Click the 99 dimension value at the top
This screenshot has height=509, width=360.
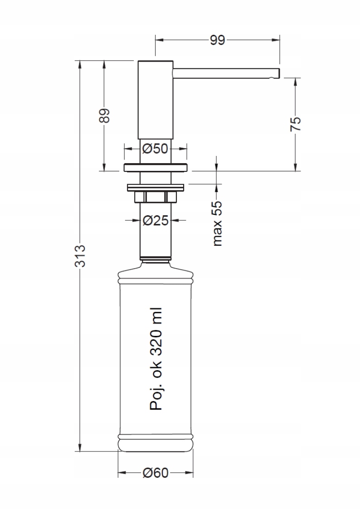coord(217,40)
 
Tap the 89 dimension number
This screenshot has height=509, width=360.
coord(104,116)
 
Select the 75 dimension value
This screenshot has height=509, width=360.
coord(296,124)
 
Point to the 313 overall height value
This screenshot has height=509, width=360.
coord(80,256)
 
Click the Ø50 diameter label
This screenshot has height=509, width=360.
coord(155,149)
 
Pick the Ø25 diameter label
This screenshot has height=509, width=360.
coord(156,220)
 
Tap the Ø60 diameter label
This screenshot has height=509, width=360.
coord(156,473)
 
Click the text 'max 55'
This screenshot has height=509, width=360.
coord(217,223)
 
